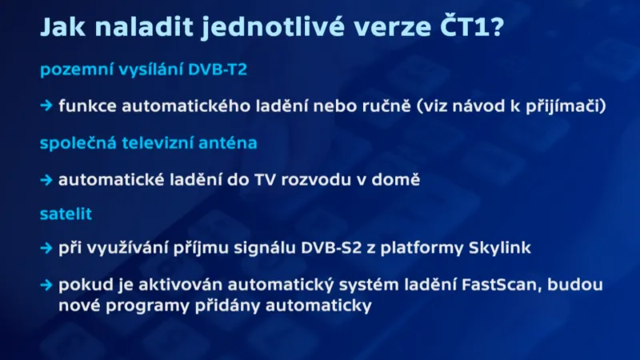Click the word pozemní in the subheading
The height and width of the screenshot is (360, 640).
point(73,70)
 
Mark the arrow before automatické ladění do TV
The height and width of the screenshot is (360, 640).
point(46,180)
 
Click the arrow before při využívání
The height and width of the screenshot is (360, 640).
point(46,248)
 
